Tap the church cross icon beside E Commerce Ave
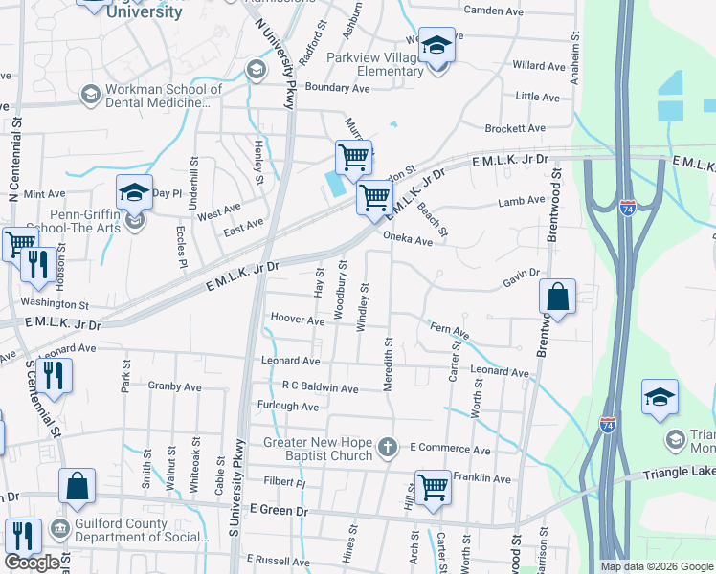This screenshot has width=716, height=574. pyautogui.click(x=388, y=447)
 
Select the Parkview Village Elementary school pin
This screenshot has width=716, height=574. pyautogui.click(x=437, y=47)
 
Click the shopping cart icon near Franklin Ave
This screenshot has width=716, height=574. pyautogui.click(x=433, y=487)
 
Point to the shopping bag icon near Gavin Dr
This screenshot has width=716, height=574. pyautogui.click(x=558, y=298)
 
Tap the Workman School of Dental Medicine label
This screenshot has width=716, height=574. pyautogui.click(x=163, y=97)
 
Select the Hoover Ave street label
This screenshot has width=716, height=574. pyautogui.click(x=298, y=320)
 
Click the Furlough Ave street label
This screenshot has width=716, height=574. pyautogui.click(x=288, y=407)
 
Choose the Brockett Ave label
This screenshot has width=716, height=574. pyautogui.click(x=515, y=128)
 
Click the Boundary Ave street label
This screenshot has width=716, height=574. pyautogui.click(x=337, y=88)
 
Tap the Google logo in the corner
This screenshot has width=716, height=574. pyautogui.click(x=33, y=562)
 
